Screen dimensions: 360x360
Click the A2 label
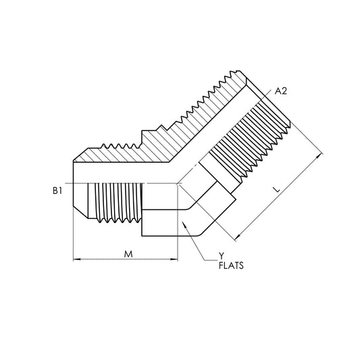281,91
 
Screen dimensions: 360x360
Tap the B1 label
57,190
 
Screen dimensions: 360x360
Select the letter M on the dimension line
128,254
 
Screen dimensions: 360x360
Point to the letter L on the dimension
278,190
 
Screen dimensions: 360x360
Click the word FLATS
231,265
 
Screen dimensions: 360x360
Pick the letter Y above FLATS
222,256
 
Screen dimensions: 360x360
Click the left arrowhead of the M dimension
77,259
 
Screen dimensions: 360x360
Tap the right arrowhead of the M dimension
174,259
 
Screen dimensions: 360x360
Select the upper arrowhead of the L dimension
318,157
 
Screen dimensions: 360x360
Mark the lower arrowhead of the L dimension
238,236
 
